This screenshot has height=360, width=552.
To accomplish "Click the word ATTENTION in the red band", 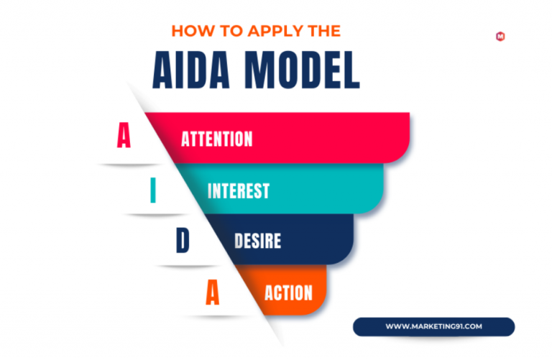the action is pos(217,139).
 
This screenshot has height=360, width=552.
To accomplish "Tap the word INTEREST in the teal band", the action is pos(239,191).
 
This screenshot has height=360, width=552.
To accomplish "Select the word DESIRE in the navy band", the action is pos(258,241).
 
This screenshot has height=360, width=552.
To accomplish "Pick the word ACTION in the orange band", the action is pos(289,292).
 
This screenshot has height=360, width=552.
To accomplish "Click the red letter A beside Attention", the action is pos(124,135).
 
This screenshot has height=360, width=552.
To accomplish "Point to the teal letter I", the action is pos(153,190).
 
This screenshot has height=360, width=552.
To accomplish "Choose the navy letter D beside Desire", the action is pos(183,240).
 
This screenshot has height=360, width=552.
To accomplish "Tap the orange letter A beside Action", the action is pos(212,292).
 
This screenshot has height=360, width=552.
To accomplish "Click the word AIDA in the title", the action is pos(191,70).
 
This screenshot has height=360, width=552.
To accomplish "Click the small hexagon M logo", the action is pos(500,36).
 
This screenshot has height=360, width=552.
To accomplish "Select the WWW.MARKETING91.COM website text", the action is pos(433,326).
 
